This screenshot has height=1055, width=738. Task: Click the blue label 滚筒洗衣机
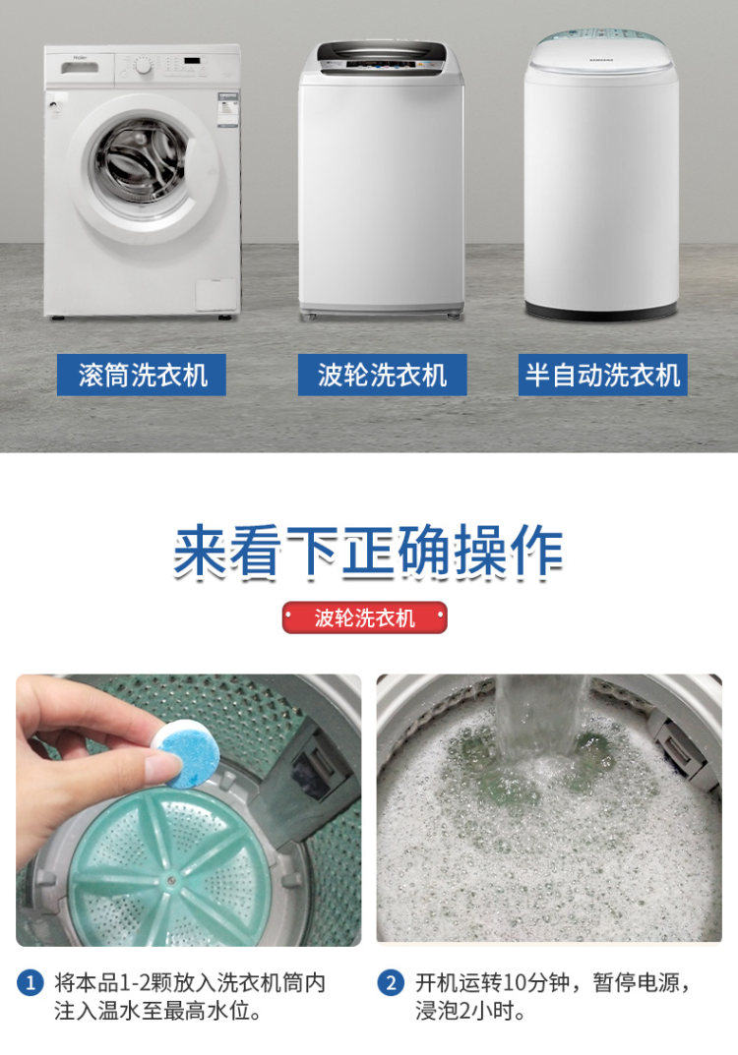pyautogui.click(x=142, y=375)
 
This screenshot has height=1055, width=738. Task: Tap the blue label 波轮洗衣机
pyautogui.click(x=383, y=375)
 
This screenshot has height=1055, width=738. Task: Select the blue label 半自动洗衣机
pyautogui.click(x=602, y=375)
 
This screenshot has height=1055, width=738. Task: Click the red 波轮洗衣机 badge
pyautogui.click(x=364, y=617)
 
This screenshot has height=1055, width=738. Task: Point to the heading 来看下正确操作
pyautogui.click(x=368, y=552)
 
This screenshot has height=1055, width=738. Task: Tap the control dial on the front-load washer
pyautogui.click(x=143, y=66)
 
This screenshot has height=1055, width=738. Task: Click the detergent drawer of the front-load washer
pyautogui.click(x=80, y=68)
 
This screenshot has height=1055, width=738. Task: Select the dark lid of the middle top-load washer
pyautogui.click(x=382, y=56)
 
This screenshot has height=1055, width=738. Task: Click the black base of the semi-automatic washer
pyautogui.click(x=600, y=310)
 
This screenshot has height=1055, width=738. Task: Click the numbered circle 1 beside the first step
pyautogui.click(x=30, y=983)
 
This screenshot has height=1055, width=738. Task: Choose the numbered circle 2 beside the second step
pyautogui.click(x=391, y=983)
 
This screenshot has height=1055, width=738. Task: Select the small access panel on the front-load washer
pyautogui.click(x=216, y=295)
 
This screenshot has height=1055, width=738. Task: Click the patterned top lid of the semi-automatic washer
pyautogui.click(x=600, y=46)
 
